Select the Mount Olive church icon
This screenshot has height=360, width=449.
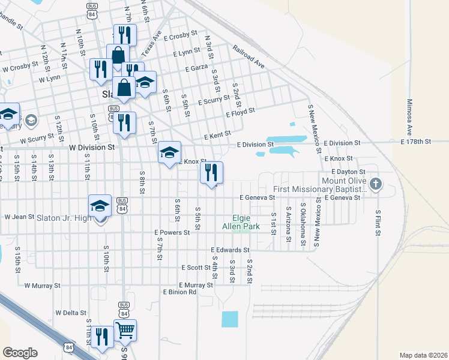click(x=376, y=184)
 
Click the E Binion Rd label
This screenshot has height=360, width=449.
click(x=179, y=292)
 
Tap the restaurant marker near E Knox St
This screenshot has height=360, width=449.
click(x=211, y=173)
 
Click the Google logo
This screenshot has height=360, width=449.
click(x=20, y=353)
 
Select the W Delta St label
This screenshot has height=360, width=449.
click(x=71, y=313)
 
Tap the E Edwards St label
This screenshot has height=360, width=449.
click(x=230, y=250)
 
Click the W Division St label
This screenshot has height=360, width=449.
click(x=92, y=146)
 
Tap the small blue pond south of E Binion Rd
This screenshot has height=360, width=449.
click(x=229, y=319)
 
